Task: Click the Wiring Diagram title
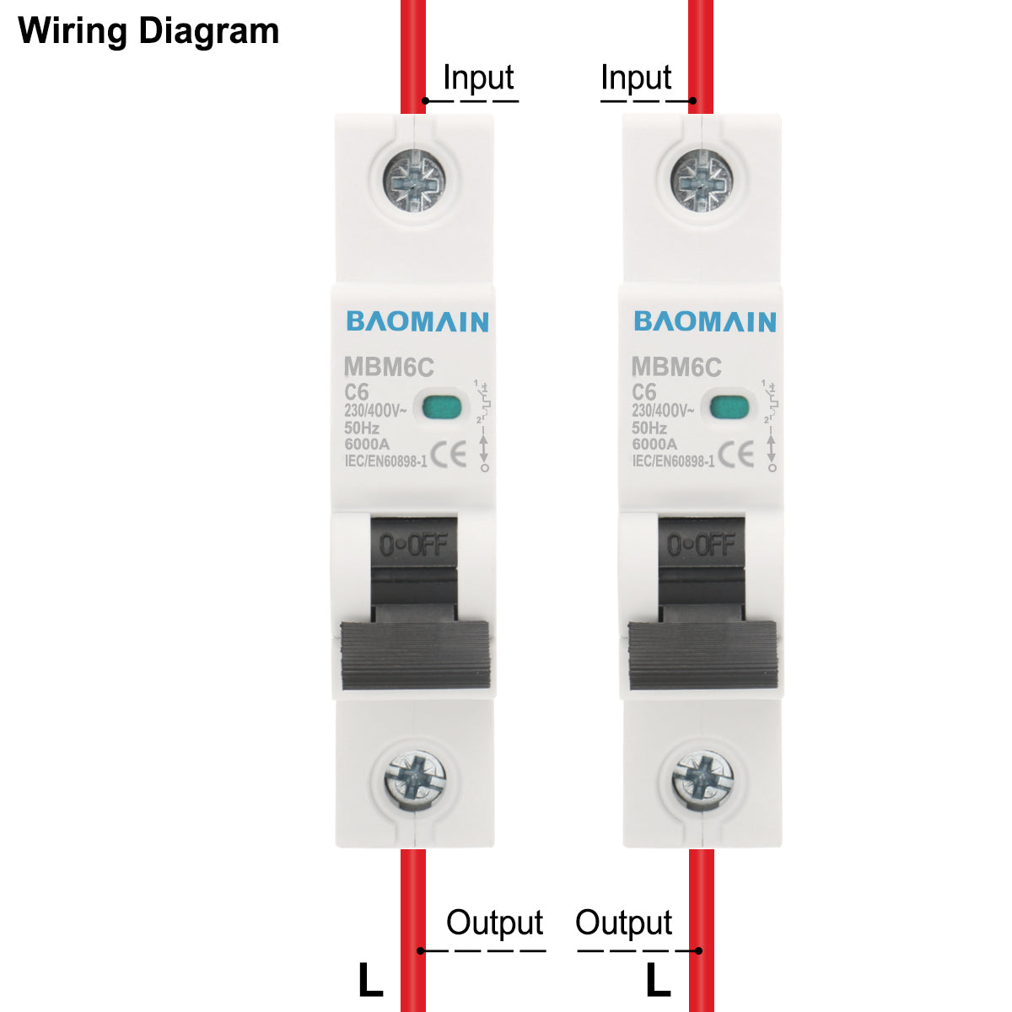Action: click(x=148, y=31)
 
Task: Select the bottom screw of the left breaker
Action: click(x=415, y=778)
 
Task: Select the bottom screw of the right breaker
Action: click(x=702, y=778)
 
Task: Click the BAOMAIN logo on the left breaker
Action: click(x=417, y=321)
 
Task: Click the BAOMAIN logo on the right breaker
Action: click(x=705, y=321)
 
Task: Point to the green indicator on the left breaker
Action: click(x=441, y=407)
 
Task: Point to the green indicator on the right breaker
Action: click(x=729, y=407)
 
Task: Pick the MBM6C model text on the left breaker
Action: click(x=389, y=368)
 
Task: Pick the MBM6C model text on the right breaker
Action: click(x=676, y=368)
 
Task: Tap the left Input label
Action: click(x=478, y=78)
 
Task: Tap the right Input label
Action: click(x=636, y=78)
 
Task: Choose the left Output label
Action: click(x=494, y=923)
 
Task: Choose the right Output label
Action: click(x=623, y=923)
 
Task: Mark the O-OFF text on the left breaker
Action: click(x=413, y=546)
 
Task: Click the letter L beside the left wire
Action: click(x=370, y=981)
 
